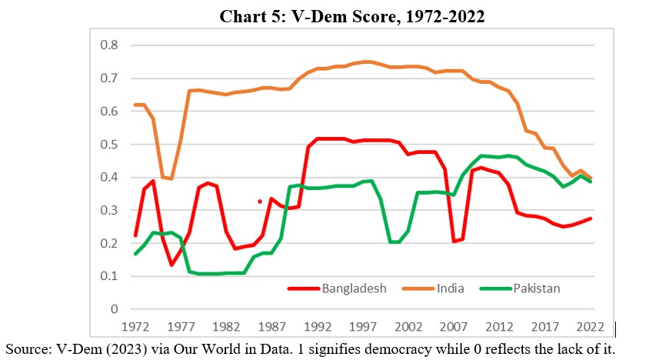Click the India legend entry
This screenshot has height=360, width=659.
pos(456,288)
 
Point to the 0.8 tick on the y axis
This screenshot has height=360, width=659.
pos(109,45)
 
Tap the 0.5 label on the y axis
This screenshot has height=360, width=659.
pos(109,145)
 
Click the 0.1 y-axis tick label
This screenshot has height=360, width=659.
pos(109,276)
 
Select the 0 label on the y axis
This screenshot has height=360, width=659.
pos(114,309)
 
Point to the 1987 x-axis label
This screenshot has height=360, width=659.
pos(261,326)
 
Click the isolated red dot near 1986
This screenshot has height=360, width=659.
pos(260,202)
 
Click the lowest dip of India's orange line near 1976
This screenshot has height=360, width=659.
pos(171,178)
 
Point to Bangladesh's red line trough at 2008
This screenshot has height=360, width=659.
pos(454,242)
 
